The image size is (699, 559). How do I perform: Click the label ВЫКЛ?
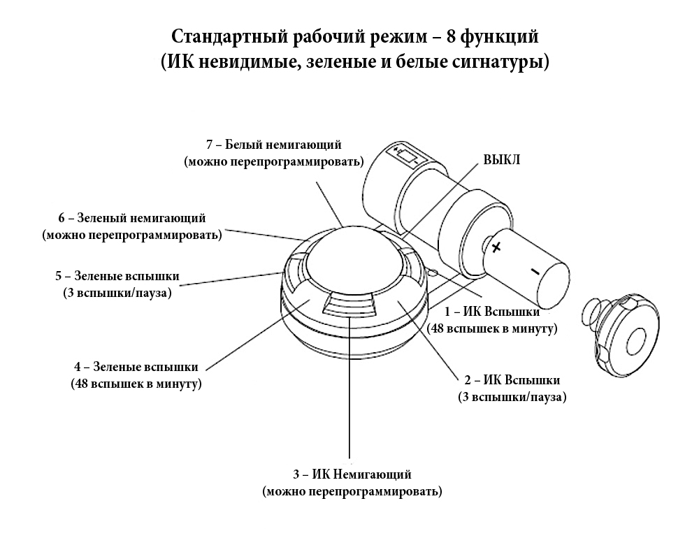502,160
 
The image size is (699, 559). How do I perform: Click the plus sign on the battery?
496,247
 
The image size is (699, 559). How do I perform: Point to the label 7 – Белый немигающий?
274,145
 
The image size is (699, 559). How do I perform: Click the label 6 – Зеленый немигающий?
132,218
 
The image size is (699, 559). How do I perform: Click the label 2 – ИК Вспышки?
512,381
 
